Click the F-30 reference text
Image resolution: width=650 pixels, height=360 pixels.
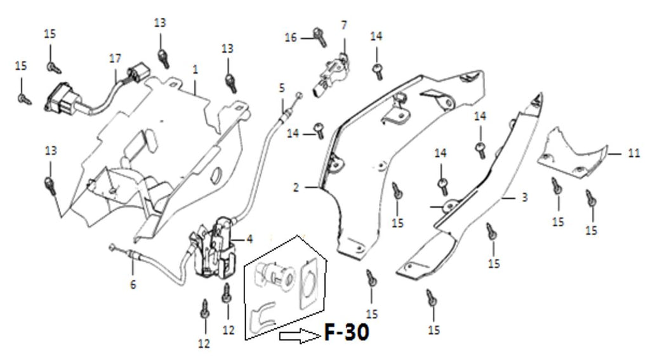(346, 333)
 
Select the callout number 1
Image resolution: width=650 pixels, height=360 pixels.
(196, 68)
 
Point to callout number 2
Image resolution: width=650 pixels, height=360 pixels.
(296, 188)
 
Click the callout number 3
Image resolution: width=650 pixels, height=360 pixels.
(525, 198)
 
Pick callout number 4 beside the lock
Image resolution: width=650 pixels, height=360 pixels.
(249, 239)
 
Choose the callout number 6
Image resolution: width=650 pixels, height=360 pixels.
(133, 285)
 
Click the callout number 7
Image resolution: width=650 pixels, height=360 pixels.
(344, 25)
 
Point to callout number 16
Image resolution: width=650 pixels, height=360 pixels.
(291, 38)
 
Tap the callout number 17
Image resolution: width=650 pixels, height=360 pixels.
(115, 58)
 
